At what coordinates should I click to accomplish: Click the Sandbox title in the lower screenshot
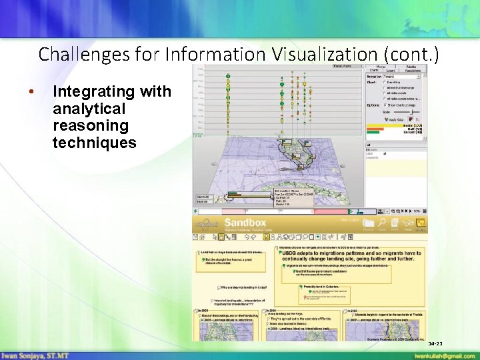[245, 223]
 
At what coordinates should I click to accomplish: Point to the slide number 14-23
[435, 343]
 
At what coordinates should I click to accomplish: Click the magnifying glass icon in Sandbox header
[381, 223]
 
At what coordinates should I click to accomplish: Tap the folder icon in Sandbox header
[368, 223]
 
